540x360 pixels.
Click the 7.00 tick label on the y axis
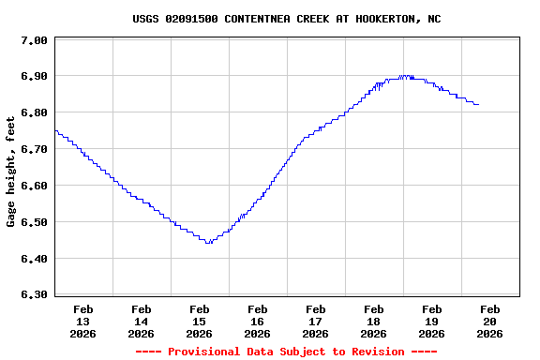pyautogui.click(x=33, y=40)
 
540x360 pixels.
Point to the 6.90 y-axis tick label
pyautogui.click(x=33, y=77)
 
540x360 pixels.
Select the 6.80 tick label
pyautogui.click(x=33, y=113)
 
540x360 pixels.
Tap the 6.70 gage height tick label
pyautogui.click(x=33, y=150)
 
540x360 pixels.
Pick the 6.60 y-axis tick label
pyautogui.click(x=33, y=187)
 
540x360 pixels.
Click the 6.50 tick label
pyautogui.click(x=33, y=223)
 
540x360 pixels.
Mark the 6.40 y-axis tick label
pyautogui.click(x=33, y=260)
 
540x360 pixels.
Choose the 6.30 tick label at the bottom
pyautogui.click(x=33, y=295)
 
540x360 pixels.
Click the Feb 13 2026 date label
pyautogui.click(x=82, y=321)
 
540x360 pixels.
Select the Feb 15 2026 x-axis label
pyautogui.click(x=199, y=321)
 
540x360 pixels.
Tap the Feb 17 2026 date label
pyautogui.click(x=315, y=321)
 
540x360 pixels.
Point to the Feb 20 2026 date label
pyautogui.click(x=489, y=321)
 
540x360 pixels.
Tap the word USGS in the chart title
pyautogui.click(x=146, y=19)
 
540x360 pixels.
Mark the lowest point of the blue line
pyautogui.click(x=208, y=243)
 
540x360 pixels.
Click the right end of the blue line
pyautogui.click(x=478, y=104)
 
